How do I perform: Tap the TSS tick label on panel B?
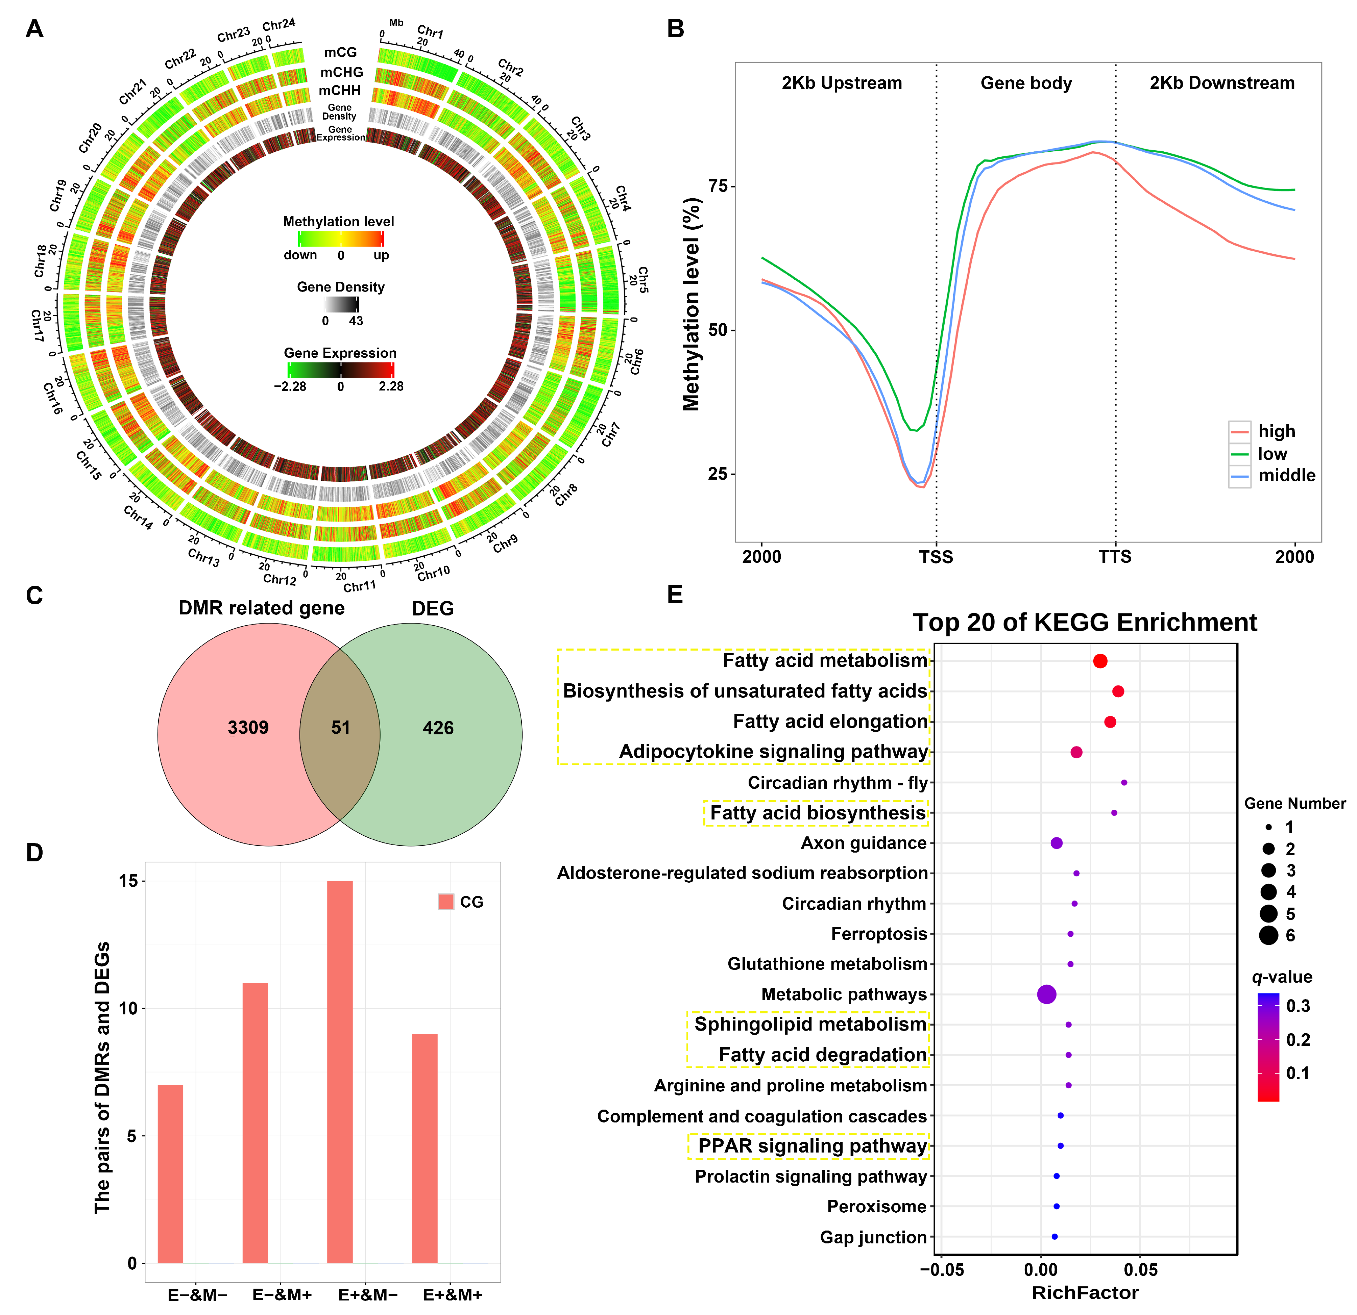tap(936, 557)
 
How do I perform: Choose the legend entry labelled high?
tap(1276, 431)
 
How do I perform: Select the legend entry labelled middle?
tap(1286, 476)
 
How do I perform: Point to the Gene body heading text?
tap(1026, 84)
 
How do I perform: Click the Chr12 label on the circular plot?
tap(280, 579)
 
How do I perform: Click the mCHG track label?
tap(341, 72)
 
